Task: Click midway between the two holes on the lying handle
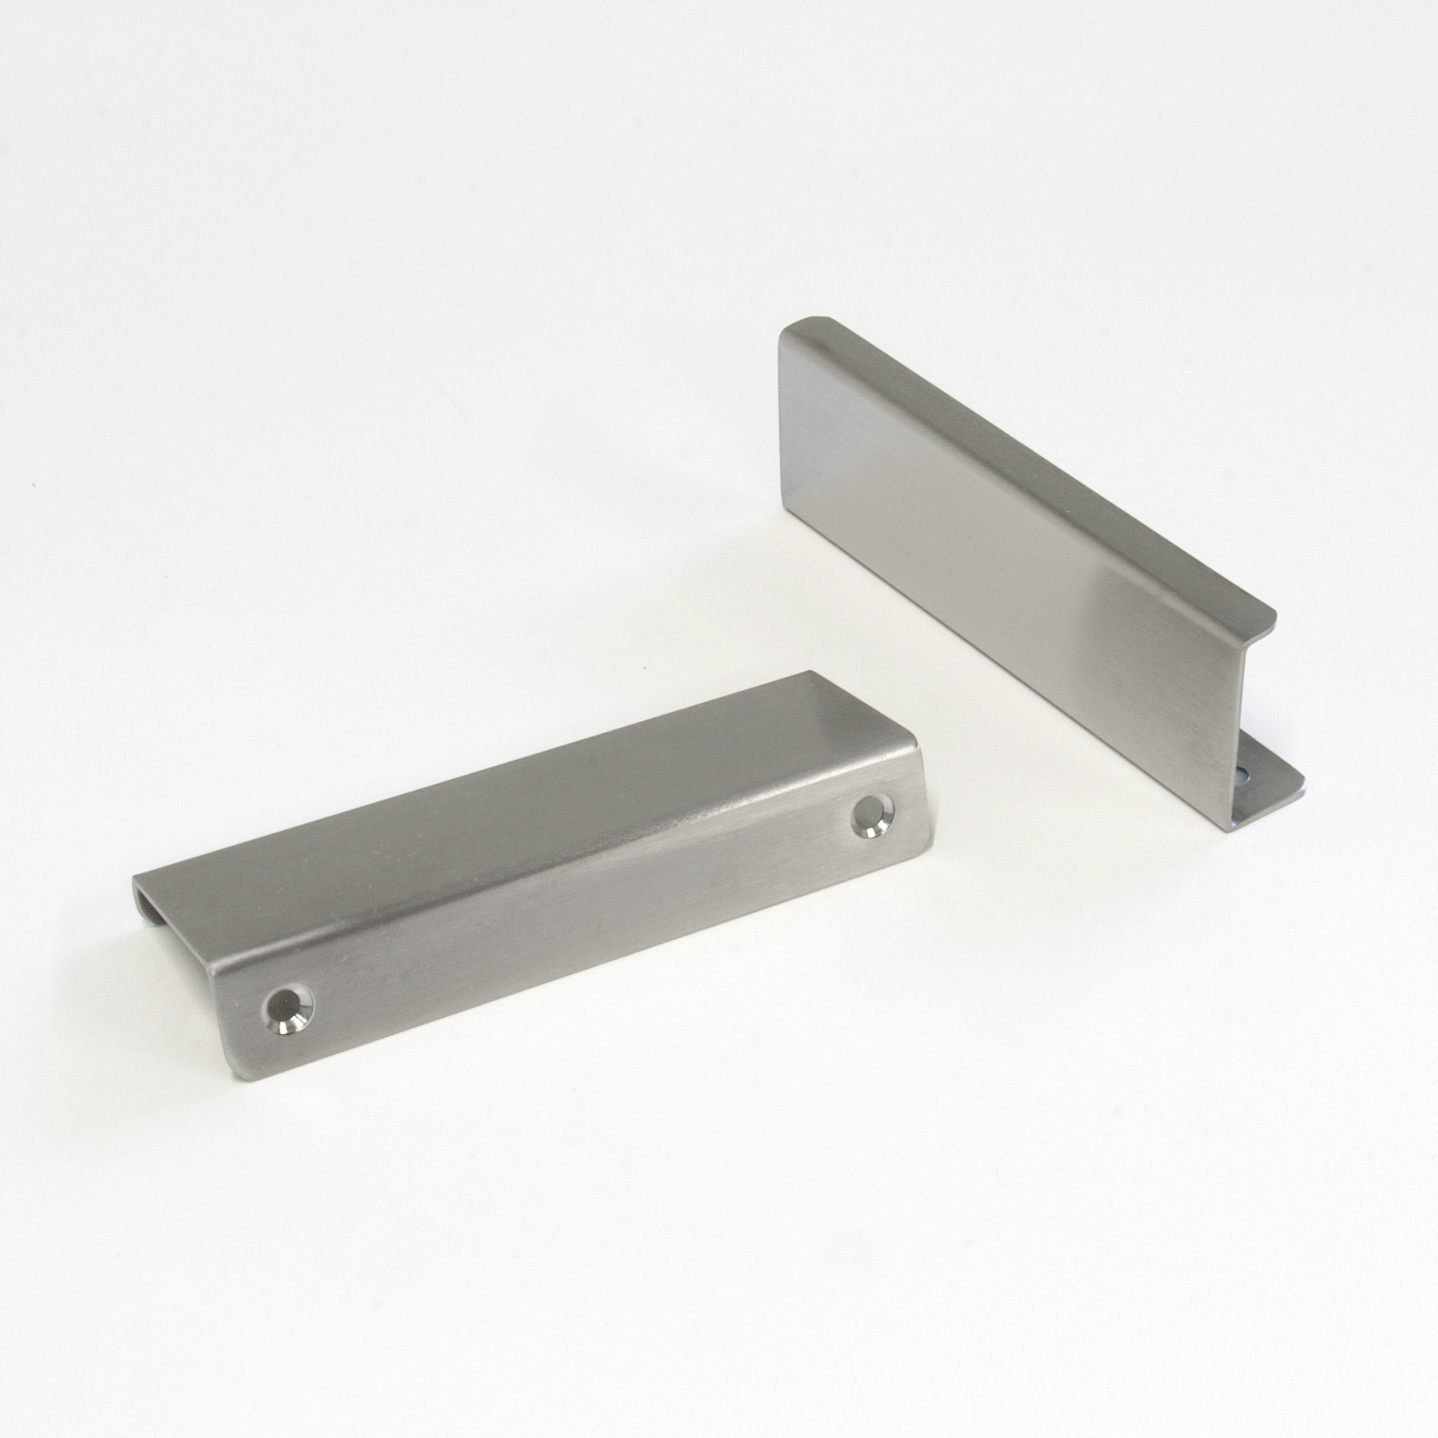pyautogui.click(x=580, y=912)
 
